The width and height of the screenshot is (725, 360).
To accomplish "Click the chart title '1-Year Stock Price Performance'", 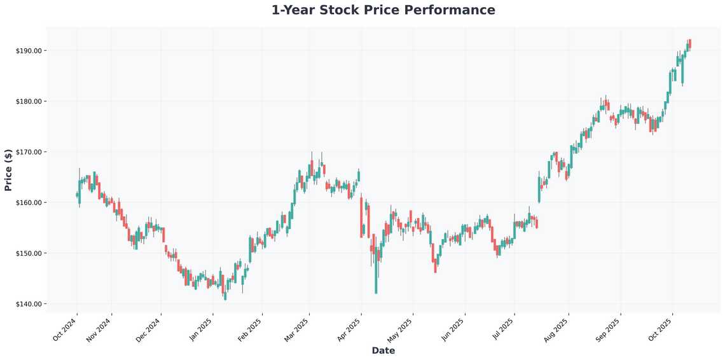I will point(383,10).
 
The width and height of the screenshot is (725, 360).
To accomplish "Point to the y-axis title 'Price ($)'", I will point(8,170).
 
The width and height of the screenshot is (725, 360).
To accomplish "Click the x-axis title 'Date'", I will point(383,350).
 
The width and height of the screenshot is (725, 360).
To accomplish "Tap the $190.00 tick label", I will point(29,51).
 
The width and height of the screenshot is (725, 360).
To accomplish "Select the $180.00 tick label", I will point(29,101).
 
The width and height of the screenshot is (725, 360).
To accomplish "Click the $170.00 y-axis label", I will point(29,152).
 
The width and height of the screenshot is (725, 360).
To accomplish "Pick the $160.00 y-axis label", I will point(29,203).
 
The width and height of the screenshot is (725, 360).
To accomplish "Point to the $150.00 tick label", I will point(29,253).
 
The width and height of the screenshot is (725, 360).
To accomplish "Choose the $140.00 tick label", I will point(29,304).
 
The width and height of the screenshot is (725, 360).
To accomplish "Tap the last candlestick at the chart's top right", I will point(689,44).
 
